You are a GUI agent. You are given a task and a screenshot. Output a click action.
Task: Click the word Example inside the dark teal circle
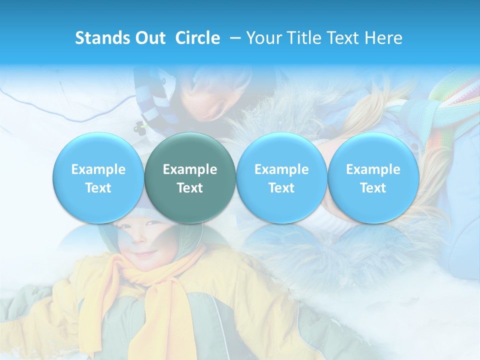pos(190,169)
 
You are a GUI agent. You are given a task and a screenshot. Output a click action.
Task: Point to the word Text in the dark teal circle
pos(190,188)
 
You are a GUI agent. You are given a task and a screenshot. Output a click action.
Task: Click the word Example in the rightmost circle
pos(373,169)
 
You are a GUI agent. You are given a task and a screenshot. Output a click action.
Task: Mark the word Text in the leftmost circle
pos(98,188)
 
